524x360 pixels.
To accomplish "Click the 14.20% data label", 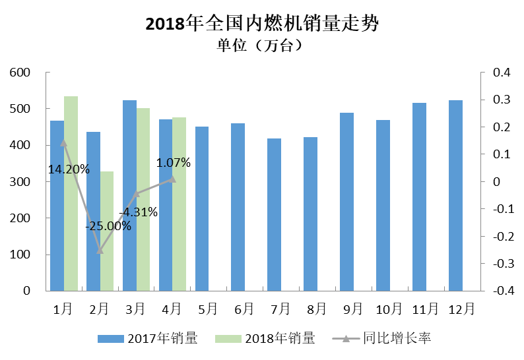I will click(69, 169).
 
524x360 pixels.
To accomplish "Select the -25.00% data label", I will click(108, 225).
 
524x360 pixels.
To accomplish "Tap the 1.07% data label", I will click(174, 162).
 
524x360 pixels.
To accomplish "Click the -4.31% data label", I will click(139, 212).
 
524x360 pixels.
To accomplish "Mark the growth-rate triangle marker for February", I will click(100, 251).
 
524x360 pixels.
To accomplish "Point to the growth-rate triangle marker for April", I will click(172, 179).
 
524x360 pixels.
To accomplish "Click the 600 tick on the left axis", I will click(21, 72).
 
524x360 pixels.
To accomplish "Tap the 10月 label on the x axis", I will click(389, 308).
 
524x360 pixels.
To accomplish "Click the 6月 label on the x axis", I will click(243, 308).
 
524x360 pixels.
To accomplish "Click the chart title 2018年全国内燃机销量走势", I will click(262, 24).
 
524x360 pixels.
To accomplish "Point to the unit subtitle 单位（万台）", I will click(262, 45).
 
